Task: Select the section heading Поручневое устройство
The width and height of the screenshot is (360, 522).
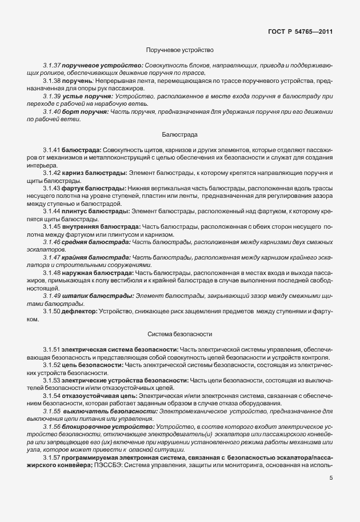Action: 180,51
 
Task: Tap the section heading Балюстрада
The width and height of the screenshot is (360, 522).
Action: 180,135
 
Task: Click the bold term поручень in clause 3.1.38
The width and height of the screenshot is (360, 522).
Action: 78,81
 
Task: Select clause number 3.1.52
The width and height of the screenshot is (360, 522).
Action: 52,364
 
